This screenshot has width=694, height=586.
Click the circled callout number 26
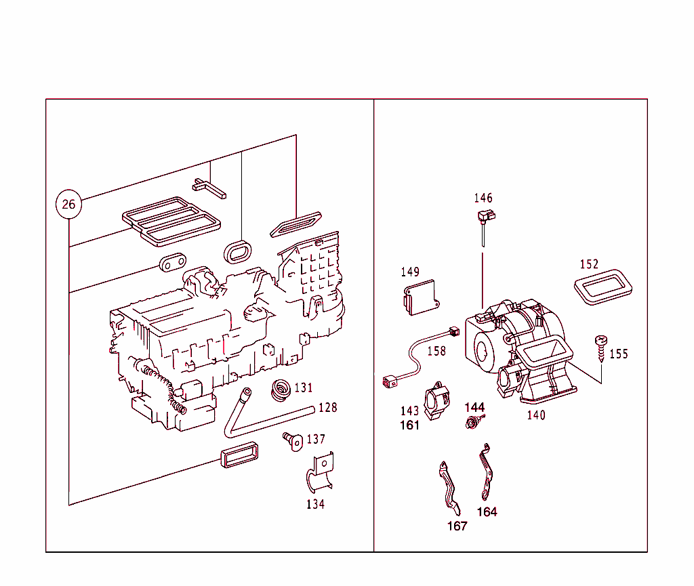(68, 204)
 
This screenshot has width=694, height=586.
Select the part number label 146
(483, 198)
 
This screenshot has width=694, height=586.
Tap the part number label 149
(410, 272)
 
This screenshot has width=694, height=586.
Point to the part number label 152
(589, 264)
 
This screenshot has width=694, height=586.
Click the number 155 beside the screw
(618, 354)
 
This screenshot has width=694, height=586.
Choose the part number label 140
(536, 415)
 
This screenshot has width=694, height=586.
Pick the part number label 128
(327, 407)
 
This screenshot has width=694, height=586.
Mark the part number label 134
(315, 504)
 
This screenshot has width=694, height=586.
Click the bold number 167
(457, 526)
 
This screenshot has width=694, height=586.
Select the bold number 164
(487, 512)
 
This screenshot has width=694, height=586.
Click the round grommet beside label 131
(281, 391)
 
